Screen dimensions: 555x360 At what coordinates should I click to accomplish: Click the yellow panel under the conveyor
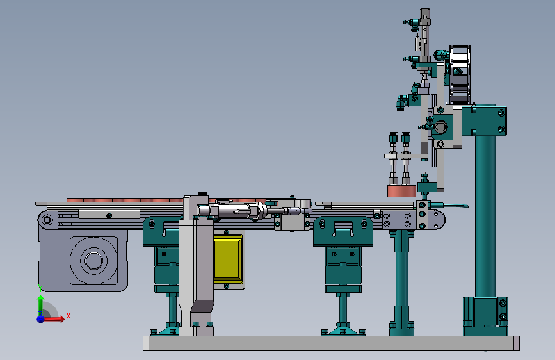tap(229, 259)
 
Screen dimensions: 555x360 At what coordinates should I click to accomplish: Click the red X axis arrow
tap(54, 318)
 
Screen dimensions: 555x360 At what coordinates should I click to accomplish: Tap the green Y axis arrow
tap(40, 305)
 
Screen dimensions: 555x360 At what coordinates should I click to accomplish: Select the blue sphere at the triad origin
tap(41, 318)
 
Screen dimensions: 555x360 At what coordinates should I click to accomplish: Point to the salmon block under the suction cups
tap(402, 191)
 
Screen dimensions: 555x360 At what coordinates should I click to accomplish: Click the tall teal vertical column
tap(485, 216)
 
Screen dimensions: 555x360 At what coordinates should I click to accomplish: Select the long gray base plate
tap(331, 343)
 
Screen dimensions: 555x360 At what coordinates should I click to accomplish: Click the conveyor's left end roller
tap(47, 220)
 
